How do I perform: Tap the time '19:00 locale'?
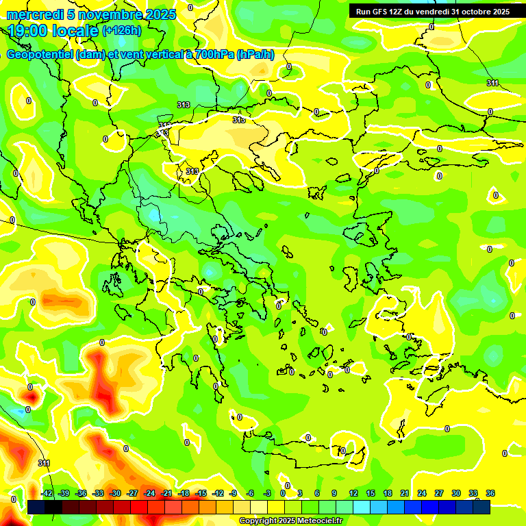pos(53,31)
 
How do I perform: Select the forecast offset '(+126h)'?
pos(121,31)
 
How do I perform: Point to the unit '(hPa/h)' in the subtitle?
pos(255,55)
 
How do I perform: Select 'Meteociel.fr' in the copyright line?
pos(314,521)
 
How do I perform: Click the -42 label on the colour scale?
pos(47,494)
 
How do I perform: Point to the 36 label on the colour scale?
pos(490,494)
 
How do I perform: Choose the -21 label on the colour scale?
pos(166,494)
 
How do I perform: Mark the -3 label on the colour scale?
pos(268,494)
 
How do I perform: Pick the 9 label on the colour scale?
pos(335,494)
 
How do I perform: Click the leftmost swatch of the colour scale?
pos(36,507)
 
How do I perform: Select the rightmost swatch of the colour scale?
pos(481,507)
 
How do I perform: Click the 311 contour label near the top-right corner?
pos(492,83)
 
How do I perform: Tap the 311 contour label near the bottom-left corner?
pos(44,464)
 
